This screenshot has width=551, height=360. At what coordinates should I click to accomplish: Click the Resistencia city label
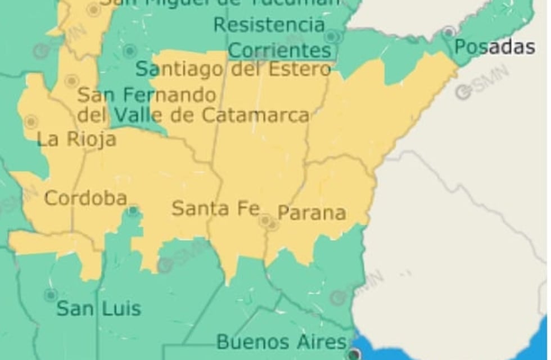click(x=269, y=25)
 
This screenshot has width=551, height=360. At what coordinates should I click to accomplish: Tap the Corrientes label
click(x=280, y=51)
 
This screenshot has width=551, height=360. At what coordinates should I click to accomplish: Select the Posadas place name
click(x=494, y=47)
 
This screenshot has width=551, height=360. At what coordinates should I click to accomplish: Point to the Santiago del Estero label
click(x=233, y=69)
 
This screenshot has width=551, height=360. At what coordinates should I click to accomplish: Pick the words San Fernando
click(x=147, y=95)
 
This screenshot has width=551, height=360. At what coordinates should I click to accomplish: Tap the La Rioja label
click(x=76, y=139)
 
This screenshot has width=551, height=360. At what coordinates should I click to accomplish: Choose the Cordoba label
click(x=85, y=199)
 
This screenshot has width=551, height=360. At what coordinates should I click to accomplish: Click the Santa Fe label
click(x=215, y=208)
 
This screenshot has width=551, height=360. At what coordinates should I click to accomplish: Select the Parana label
click(x=311, y=213)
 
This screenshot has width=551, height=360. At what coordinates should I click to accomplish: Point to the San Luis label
click(x=98, y=308)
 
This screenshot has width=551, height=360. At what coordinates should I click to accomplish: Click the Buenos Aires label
click(x=281, y=341)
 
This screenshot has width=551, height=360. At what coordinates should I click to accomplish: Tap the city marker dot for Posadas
click(x=449, y=31)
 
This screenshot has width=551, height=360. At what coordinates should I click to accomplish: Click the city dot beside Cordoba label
click(x=133, y=211)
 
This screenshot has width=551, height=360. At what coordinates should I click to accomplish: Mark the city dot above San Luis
click(x=51, y=294)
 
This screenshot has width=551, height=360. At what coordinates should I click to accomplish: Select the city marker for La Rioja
click(x=31, y=121)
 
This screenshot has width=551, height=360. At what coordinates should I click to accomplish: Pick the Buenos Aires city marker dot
click(x=354, y=354)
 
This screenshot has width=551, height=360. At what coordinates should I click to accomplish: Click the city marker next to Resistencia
click(x=332, y=37)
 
